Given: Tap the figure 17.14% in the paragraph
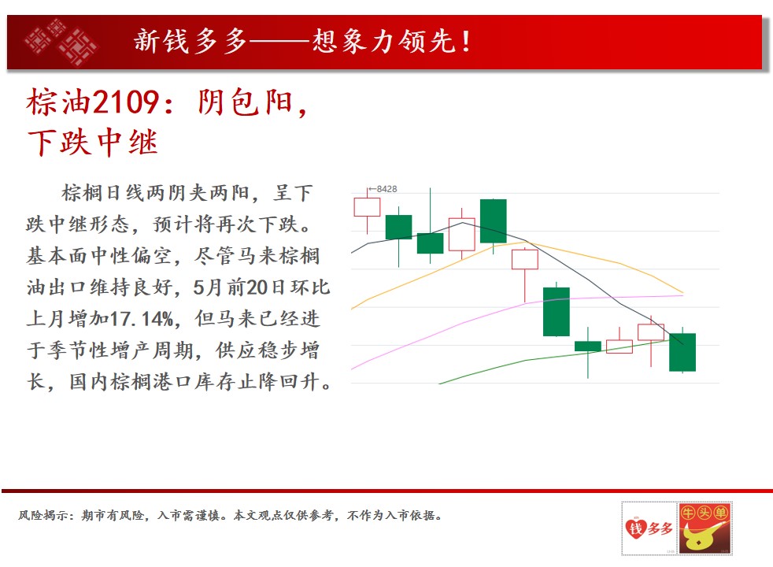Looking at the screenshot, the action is click(x=141, y=318).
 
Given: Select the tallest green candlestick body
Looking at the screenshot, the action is click(x=556, y=312).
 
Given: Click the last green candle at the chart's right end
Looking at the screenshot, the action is click(x=682, y=352).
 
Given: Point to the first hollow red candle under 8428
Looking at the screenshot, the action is click(x=367, y=207).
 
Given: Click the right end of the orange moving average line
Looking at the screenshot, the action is click(x=683, y=293).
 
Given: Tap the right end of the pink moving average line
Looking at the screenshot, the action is click(x=683, y=295).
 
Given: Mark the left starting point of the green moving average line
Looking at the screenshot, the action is click(x=438, y=384).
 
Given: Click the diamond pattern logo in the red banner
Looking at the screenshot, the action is click(x=61, y=42).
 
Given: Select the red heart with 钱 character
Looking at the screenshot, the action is click(x=636, y=528).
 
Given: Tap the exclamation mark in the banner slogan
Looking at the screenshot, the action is click(x=466, y=42).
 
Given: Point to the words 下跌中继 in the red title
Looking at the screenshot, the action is click(x=93, y=143).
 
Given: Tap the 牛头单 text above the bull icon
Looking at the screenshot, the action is click(x=705, y=513).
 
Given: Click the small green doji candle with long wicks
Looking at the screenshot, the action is click(x=588, y=346).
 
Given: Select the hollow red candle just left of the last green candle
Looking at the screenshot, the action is click(x=651, y=332).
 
